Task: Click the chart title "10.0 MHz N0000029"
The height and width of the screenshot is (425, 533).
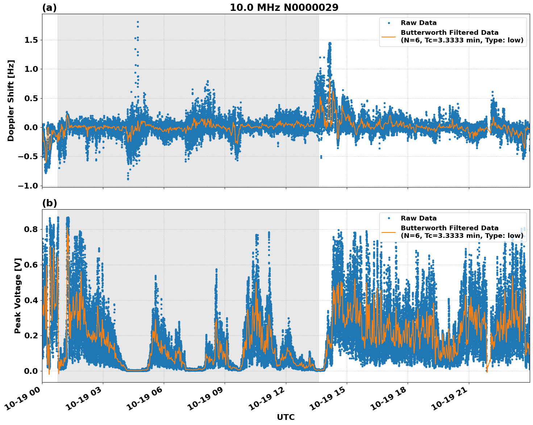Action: point(284,8)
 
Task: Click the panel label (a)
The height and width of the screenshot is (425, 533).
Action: point(49,8)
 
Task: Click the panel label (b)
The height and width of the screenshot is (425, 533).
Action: point(49,203)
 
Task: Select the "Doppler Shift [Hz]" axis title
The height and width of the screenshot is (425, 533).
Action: point(11,100)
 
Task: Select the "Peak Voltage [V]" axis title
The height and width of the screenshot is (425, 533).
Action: point(17,296)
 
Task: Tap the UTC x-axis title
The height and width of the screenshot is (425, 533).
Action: point(286,417)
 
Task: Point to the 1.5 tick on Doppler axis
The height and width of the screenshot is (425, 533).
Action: point(31,40)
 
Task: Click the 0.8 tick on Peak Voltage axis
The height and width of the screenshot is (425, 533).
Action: point(31,229)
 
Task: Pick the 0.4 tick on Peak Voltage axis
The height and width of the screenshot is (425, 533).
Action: point(31,300)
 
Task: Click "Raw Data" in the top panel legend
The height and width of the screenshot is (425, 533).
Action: point(419,23)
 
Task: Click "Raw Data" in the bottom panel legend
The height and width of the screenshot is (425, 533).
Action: point(419,218)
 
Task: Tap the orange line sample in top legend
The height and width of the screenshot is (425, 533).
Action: point(389,36)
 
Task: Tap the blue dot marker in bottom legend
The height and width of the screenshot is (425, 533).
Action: point(389,218)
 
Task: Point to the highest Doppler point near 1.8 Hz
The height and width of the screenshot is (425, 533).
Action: point(138,22)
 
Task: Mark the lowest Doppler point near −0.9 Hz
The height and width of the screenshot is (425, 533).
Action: point(128,179)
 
